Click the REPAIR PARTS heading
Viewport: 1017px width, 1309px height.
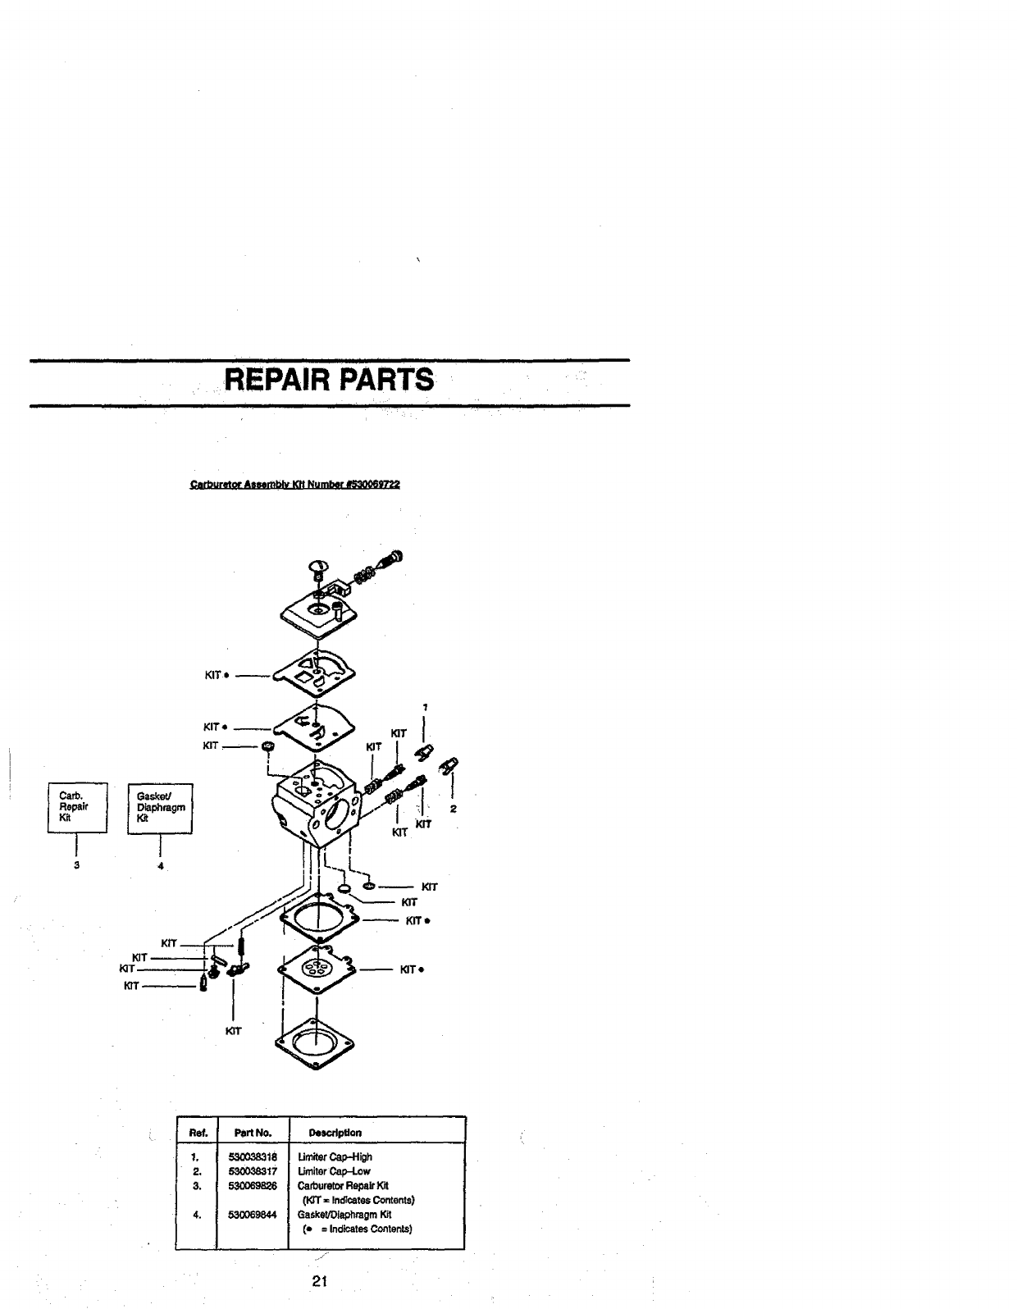329,381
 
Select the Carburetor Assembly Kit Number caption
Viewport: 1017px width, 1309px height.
294,485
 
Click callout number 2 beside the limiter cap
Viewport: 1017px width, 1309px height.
453,810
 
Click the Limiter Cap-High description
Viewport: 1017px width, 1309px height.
337,1157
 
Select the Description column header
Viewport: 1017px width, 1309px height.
335,1133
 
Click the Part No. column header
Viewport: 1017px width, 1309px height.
253,1133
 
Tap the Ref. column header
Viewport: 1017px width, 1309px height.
197,1133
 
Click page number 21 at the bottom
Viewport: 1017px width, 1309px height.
321,1282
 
